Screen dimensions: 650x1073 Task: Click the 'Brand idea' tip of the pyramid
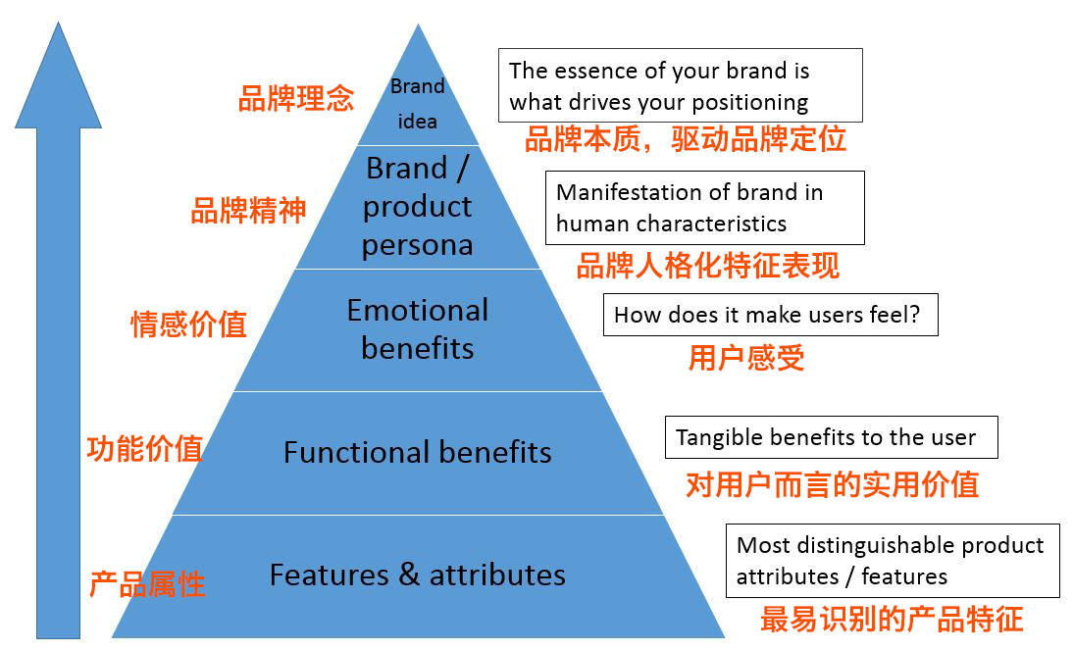pyautogui.click(x=418, y=103)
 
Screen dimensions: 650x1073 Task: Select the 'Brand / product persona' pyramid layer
pyautogui.click(x=418, y=206)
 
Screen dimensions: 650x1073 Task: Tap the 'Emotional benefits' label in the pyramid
pyautogui.click(x=418, y=329)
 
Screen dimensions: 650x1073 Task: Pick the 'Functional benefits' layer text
pyautogui.click(x=418, y=452)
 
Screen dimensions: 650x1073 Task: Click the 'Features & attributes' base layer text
pyautogui.click(x=418, y=575)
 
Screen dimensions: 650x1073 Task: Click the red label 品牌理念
pyautogui.click(x=296, y=98)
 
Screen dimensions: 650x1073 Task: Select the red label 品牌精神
pyautogui.click(x=248, y=210)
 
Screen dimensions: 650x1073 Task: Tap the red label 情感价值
pyautogui.click(x=188, y=324)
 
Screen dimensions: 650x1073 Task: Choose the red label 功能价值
pyautogui.click(x=144, y=448)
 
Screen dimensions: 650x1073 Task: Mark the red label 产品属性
pyautogui.click(x=147, y=584)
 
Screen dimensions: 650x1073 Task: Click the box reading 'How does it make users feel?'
pyautogui.click(x=770, y=316)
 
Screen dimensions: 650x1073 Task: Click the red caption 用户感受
pyautogui.click(x=746, y=358)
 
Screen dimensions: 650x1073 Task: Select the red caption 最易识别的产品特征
pyautogui.click(x=891, y=619)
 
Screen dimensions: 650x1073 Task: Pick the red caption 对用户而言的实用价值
pyautogui.click(x=832, y=483)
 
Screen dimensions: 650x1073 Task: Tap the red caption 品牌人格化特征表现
pyautogui.click(x=707, y=265)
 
